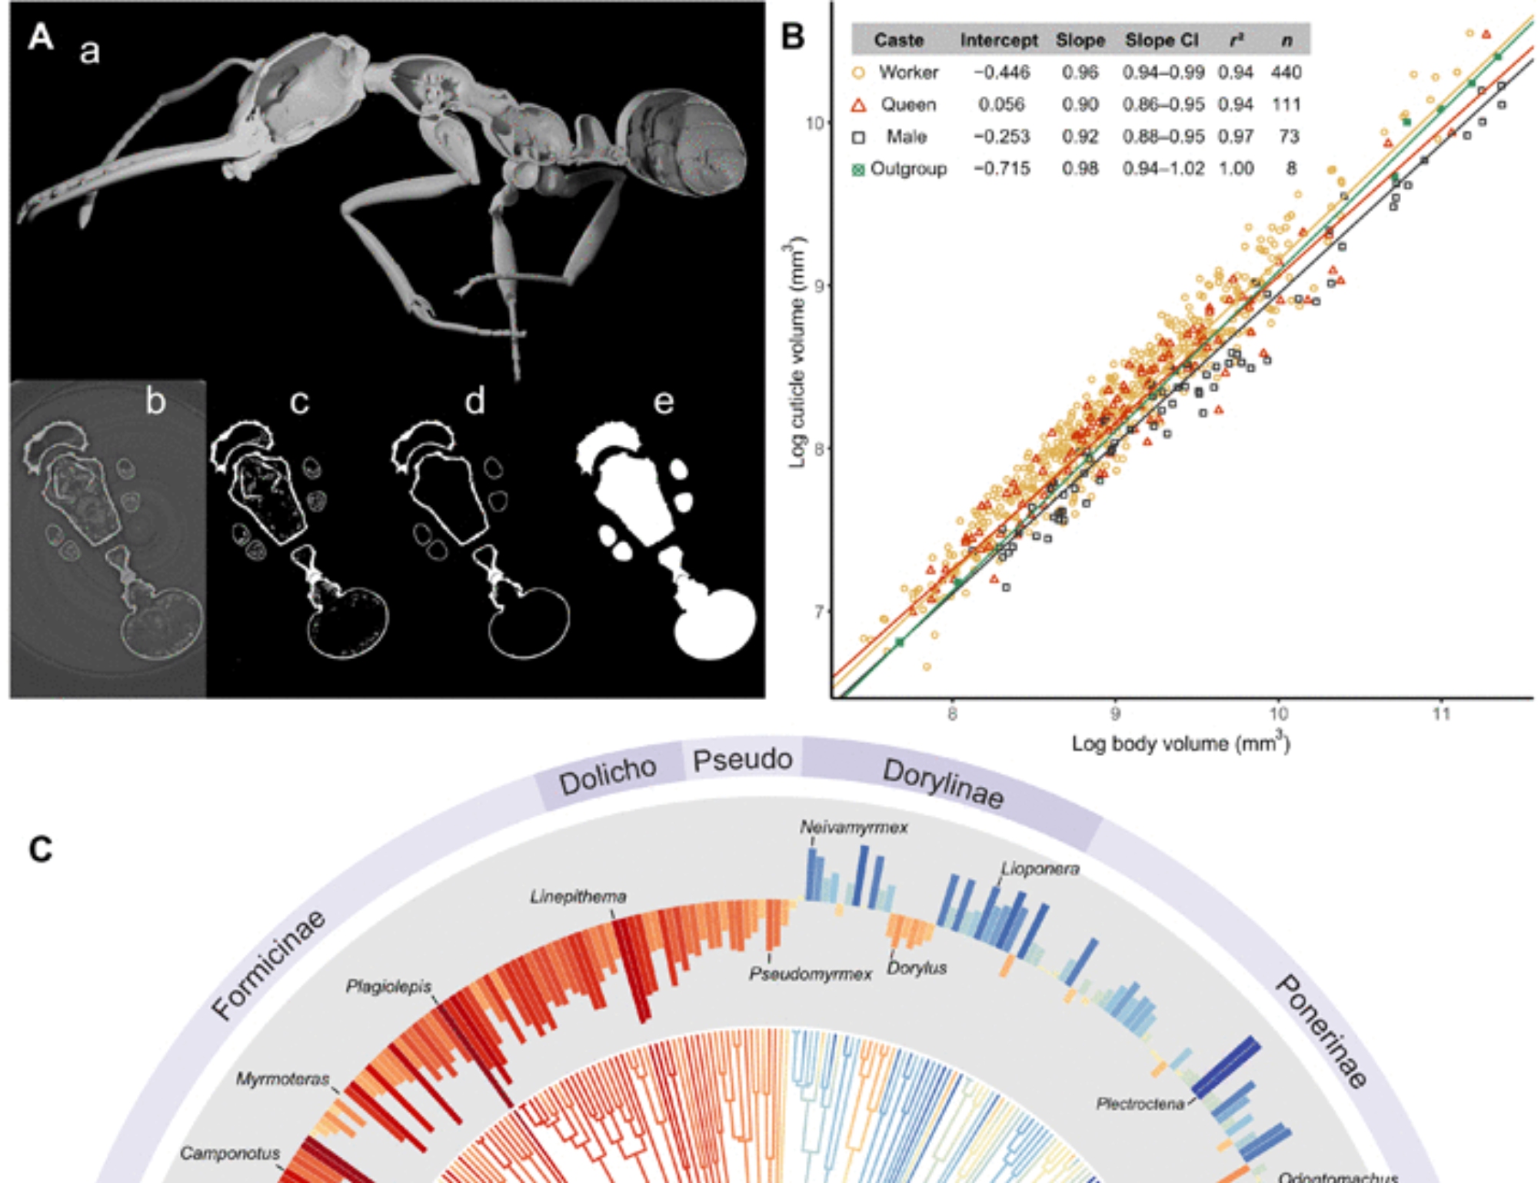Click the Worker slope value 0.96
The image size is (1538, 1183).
(1080, 72)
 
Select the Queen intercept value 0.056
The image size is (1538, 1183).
(1000, 105)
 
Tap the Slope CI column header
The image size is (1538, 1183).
(1161, 40)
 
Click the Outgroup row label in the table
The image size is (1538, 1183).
(907, 169)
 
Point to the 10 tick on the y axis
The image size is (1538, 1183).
(814, 123)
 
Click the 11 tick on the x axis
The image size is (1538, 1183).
(1441, 715)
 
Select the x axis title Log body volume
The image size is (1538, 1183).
(1180, 743)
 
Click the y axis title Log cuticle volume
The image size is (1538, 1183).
(797, 354)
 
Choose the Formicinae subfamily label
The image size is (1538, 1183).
(268, 965)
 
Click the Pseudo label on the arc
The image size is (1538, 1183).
(742, 760)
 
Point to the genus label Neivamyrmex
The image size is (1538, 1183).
(854, 828)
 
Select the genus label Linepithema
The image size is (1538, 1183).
(578, 897)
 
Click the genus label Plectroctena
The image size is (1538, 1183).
(1140, 1104)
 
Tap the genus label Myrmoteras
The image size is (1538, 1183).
(282, 1079)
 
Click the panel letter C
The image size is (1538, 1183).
(41, 850)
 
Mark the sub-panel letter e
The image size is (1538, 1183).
(663, 402)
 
